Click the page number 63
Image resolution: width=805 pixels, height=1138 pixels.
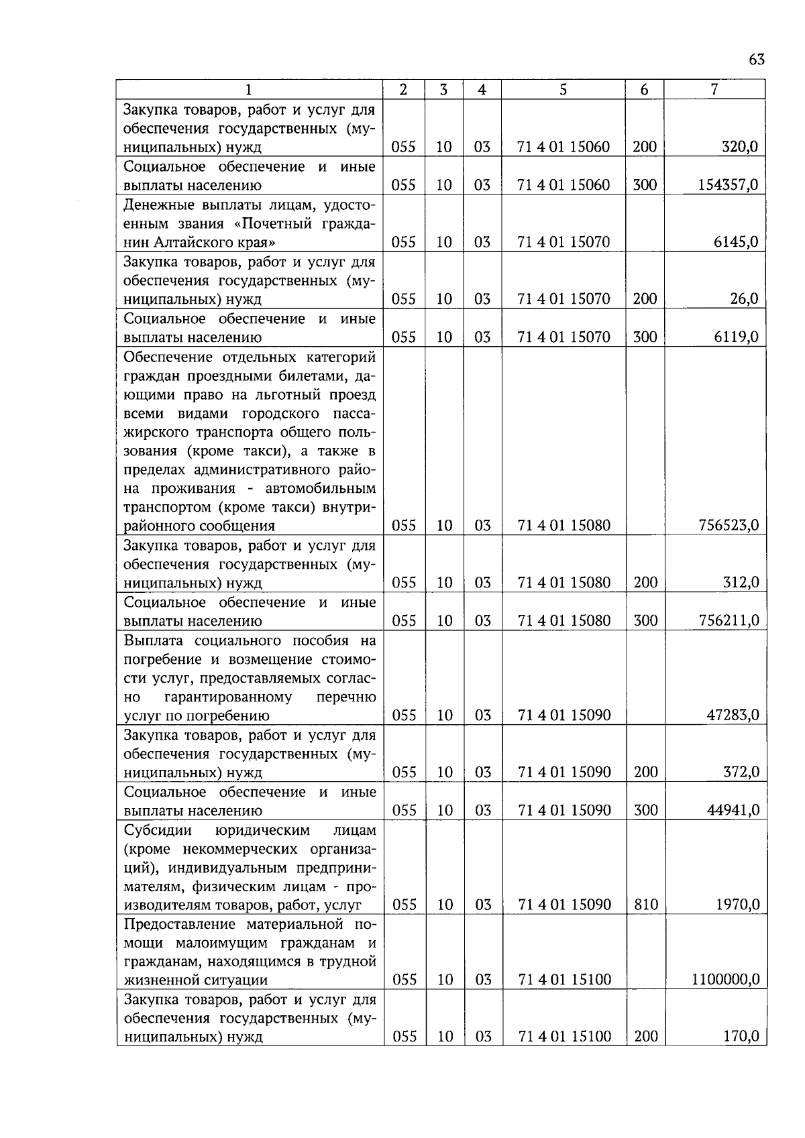pyautogui.click(x=756, y=60)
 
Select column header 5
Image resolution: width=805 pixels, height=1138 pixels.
pyautogui.click(x=563, y=89)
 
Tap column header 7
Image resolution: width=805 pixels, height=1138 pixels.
pyautogui.click(x=714, y=89)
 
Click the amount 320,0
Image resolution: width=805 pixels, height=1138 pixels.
pyautogui.click(x=739, y=147)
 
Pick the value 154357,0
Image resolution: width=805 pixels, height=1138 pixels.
pyautogui.click(x=728, y=185)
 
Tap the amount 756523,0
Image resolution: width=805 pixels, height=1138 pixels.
pyautogui.click(x=728, y=526)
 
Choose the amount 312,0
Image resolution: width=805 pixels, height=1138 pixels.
pyautogui.click(x=741, y=583)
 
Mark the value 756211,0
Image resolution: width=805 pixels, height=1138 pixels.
pyautogui.click(x=728, y=621)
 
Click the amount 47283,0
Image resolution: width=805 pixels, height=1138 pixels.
pyautogui.click(x=733, y=716)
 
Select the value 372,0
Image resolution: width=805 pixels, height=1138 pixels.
pyautogui.click(x=741, y=773)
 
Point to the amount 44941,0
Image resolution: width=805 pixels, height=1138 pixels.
pyautogui.click(x=733, y=811)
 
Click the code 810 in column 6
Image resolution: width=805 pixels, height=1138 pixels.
pyautogui.click(x=645, y=905)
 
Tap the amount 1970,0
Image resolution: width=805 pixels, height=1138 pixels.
pyautogui.click(x=737, y=905)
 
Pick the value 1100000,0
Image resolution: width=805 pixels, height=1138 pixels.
pyautogui.click(x=725, y=980)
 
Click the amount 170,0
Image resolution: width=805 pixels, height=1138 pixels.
pyautogui.click(x=741, y=1037)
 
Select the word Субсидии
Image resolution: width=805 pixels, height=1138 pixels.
pyautogui.click(x=158, y=831)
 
